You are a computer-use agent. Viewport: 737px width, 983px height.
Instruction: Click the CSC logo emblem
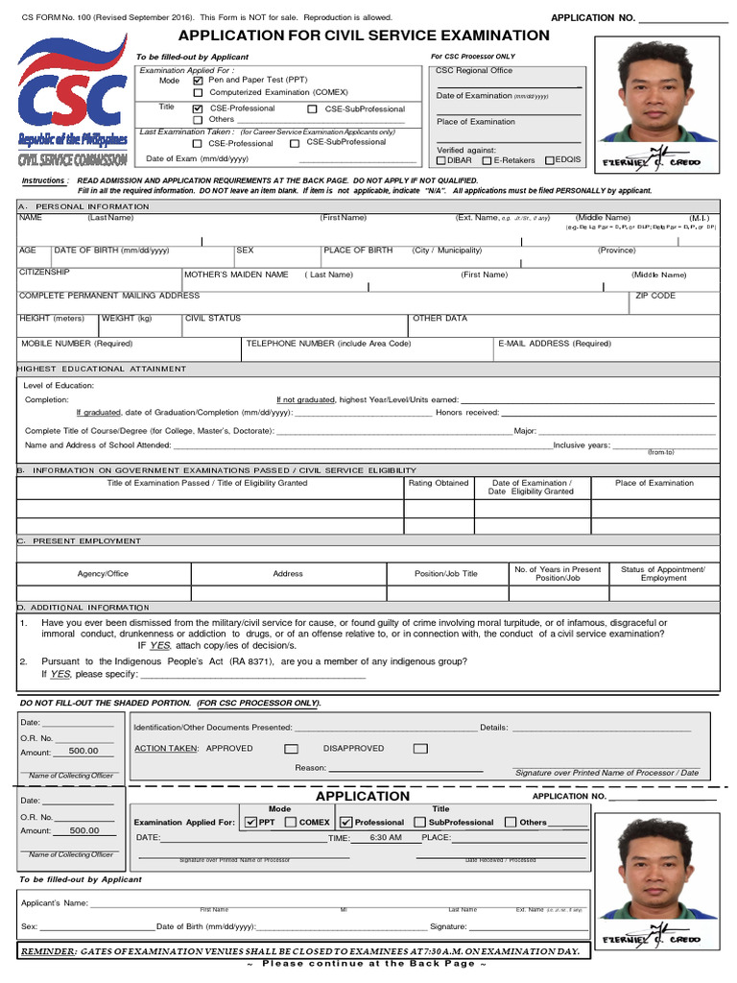[x=72, y=91]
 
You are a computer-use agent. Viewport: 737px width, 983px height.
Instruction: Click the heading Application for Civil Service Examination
[x=364, y=36]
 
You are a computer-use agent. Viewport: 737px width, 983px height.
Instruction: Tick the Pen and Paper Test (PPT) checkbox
[x=199, y=81]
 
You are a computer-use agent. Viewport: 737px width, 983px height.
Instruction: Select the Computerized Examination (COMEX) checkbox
[x=199, y=93]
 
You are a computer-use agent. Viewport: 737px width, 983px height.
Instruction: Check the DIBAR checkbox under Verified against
[x=440, y=161]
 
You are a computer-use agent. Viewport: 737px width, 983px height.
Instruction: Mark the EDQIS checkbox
[x=550, y=161]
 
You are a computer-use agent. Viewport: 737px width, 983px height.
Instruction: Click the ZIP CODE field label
[x=655, y=296]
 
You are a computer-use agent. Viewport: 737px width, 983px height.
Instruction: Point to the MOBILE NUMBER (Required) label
[x=77, y=343]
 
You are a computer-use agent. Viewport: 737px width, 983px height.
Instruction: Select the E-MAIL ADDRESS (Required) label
[x=554, y=343]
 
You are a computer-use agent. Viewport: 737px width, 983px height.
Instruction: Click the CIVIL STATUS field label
[x=213, y=318]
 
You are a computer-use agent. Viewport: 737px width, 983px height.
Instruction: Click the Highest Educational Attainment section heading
[x=102, y=369]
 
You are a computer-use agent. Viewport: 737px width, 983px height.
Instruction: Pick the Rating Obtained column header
[x=439, y=483]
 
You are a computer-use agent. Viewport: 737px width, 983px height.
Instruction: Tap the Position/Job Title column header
[x=445, y=574]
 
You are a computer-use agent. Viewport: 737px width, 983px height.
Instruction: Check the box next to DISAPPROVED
[x=420, y=749]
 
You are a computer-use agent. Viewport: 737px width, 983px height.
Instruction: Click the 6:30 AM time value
[x=385, y=838]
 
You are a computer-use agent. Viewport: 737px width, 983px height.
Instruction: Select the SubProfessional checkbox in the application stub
[x=420, y=823]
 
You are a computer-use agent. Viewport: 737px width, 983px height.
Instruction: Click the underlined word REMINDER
[x=50, y=951]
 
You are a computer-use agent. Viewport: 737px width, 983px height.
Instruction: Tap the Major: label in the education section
[x=525, y=431]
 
